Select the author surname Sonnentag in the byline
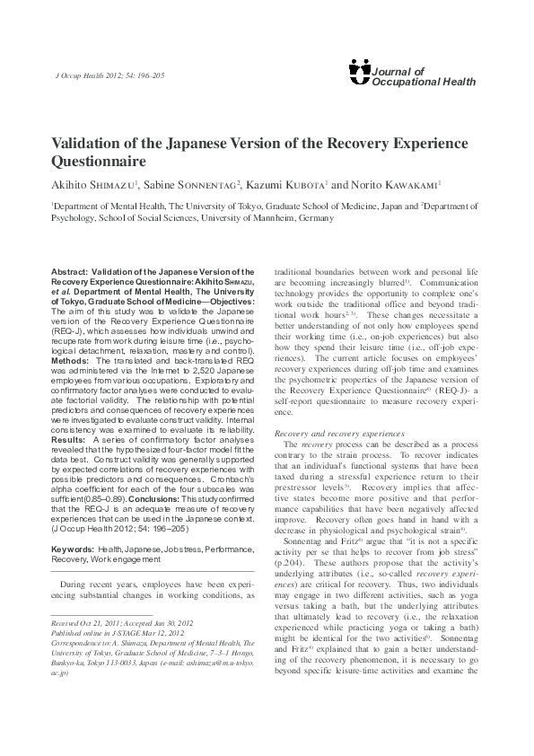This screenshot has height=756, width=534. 206,185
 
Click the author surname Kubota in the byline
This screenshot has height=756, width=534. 303,185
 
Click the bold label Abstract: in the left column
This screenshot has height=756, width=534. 75,268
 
